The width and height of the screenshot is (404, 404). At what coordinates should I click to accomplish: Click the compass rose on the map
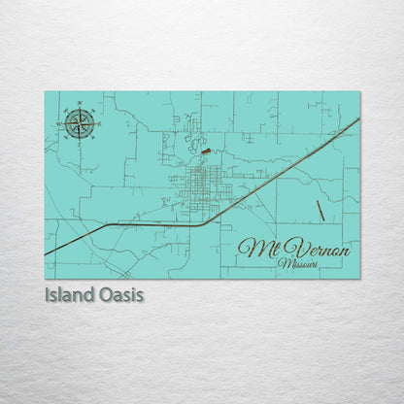(80, 122)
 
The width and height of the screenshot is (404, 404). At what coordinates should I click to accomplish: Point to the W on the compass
(60, 123)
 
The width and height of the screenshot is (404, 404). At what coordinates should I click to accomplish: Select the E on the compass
(99, 123)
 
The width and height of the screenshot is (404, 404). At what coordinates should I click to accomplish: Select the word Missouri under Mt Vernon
(297, 263)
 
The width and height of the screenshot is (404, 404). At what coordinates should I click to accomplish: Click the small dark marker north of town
(205, 151)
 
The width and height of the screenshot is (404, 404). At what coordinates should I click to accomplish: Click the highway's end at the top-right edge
(358, 118)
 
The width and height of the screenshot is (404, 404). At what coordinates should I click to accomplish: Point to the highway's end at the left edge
(46, 254)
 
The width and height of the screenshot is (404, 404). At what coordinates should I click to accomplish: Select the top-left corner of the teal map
(45, 91)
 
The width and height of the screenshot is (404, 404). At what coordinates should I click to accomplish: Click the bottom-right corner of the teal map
(359, 279)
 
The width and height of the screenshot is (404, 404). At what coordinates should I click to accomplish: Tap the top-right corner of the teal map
(359, 91)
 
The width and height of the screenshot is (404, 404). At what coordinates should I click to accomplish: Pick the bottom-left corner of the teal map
(45, 279)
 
